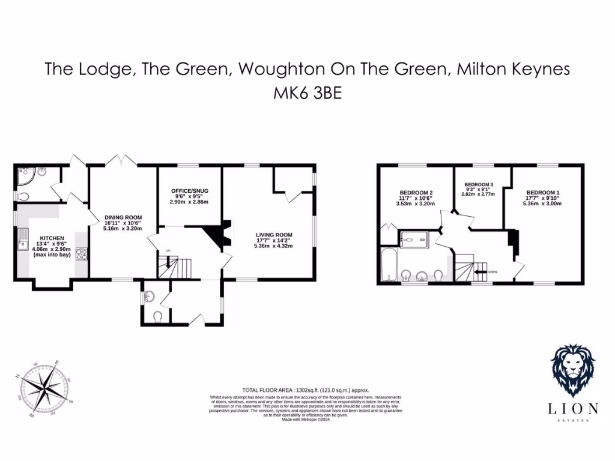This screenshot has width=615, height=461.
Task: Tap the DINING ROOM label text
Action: (123, 217)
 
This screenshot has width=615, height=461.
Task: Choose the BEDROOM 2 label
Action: (416, 193)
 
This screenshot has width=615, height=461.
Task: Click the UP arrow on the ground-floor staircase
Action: (169, 262)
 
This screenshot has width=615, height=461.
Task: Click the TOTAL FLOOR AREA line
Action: (305, 390)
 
